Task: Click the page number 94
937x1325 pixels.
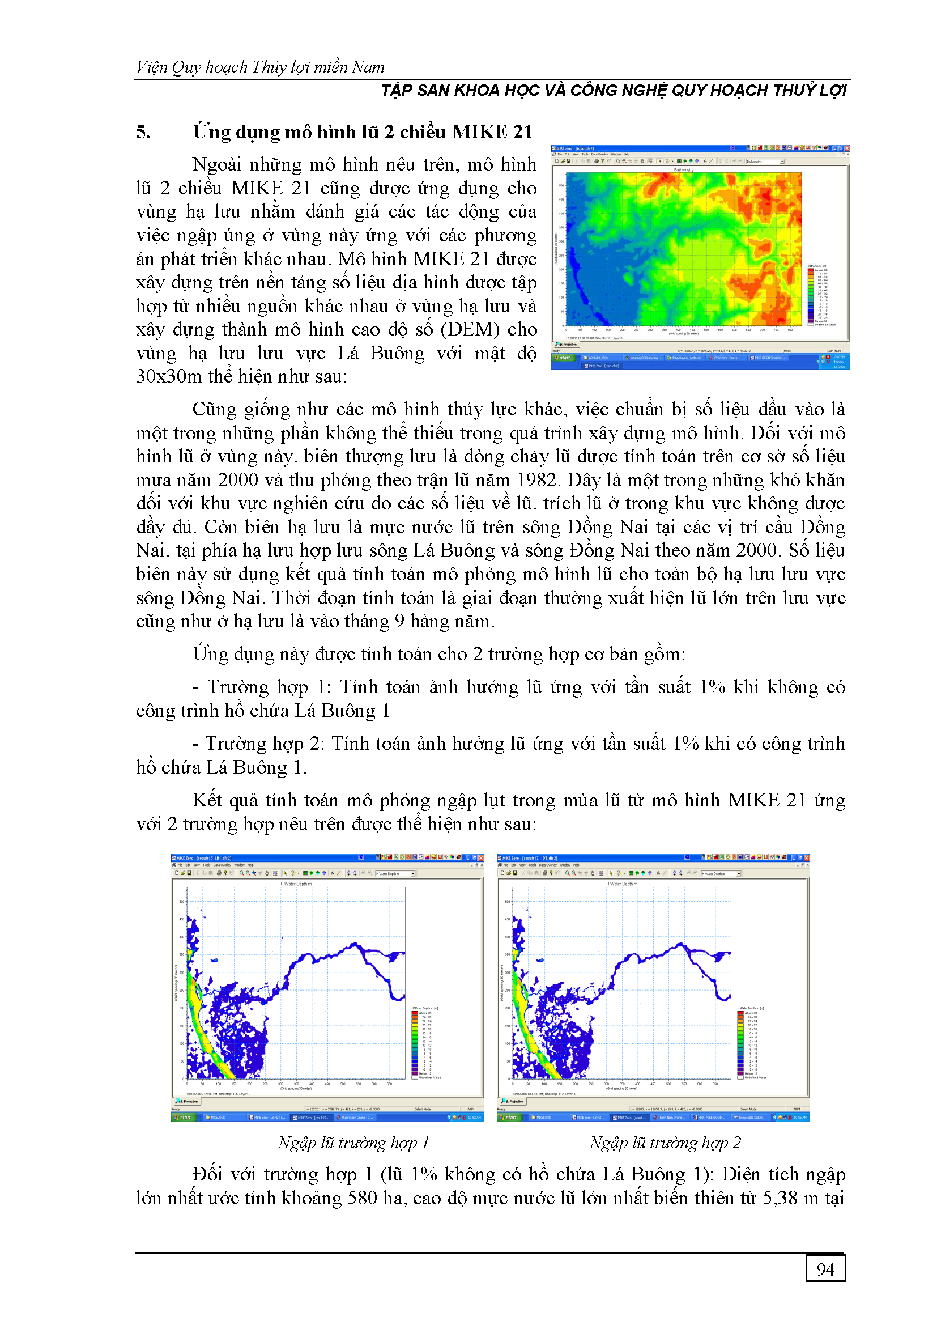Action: pyautogui.click(x=825, y=1269)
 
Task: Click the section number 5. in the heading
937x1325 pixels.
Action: pyautogui.click(x=143, y=132)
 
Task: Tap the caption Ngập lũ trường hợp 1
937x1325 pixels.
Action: pyautogui.click(x=353, y=1143)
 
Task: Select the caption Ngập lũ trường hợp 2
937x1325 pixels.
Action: pyautogui.click(x=665, y=1143)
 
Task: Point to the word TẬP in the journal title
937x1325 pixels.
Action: pyautogui.click(x=397, y=91)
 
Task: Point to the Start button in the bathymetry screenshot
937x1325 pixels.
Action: pyautogui.click(x=563, y=358)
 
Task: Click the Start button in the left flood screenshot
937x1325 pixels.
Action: pyautogui.click(x=183, y=1117)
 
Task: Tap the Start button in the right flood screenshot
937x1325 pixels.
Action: pyautogui.click(x=509, y=1117)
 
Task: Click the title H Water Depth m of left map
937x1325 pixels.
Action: pyautogui.click(x=296, y=884)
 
